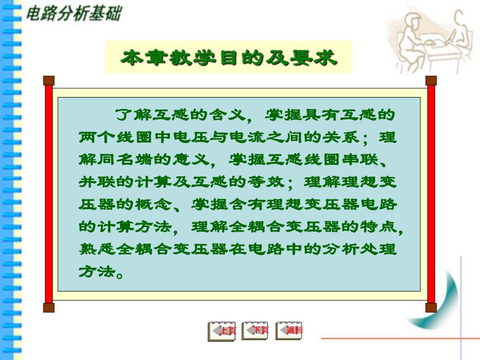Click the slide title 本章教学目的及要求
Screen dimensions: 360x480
[x=229, y=57]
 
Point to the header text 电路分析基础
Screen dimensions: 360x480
[x=74, y=14]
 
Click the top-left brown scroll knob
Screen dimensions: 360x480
[x=49, y=80]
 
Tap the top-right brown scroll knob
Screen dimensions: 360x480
[x=431, y=80]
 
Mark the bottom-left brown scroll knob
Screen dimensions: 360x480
[x=49, y=307]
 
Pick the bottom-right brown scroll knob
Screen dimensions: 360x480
[x=431, y=307]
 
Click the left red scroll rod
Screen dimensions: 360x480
[x=49, y=193]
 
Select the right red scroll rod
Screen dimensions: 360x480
[x=431, y=193]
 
